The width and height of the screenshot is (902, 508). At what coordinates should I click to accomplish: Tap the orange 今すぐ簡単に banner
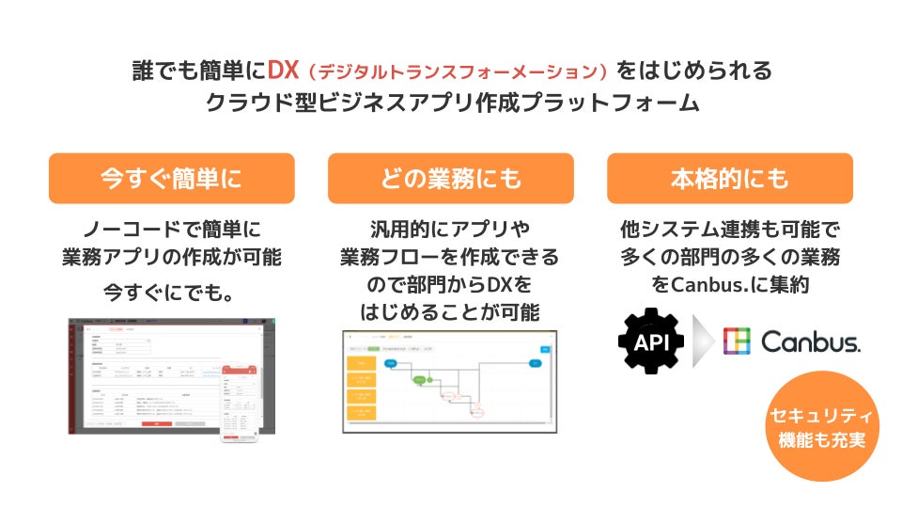[171, 179]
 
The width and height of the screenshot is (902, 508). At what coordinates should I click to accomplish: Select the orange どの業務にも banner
[450, 179]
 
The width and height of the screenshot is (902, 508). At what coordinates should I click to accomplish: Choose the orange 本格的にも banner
[729, 179]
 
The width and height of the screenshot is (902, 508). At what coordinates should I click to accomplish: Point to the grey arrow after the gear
[702, 341]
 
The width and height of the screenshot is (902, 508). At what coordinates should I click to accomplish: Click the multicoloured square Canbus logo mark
[737, 341]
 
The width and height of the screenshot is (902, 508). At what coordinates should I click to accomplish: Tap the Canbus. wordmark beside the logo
[810, 341]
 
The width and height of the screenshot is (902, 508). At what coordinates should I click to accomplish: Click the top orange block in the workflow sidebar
[362, 360]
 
